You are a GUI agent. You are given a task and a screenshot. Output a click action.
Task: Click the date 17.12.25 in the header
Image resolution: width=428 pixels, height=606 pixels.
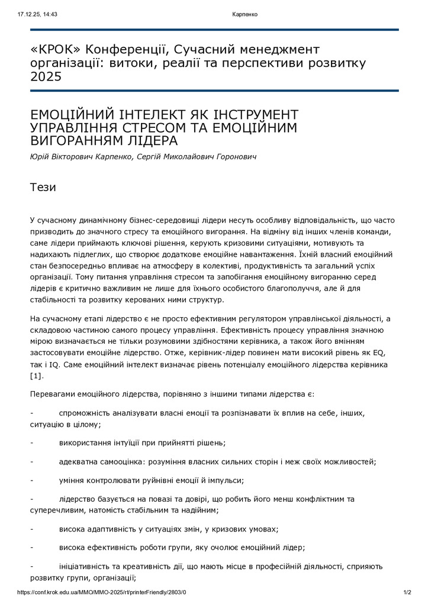[x=28, y=14]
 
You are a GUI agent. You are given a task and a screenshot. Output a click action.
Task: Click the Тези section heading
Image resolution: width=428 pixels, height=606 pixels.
[x=43, y=188]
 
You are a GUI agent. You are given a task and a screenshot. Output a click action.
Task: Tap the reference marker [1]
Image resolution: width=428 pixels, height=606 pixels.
[x=37, y=375]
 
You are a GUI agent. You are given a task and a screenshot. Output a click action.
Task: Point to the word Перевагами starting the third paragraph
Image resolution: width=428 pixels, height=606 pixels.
[x=53, y=394]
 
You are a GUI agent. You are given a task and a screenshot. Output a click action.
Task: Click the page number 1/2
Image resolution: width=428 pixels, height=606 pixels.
[x=407, y=592]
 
